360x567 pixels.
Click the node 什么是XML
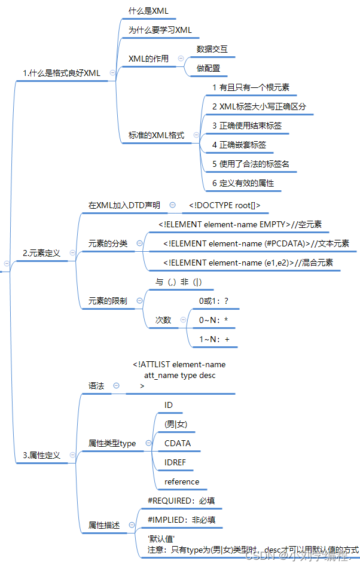pyautogui.click(x=148, y=11)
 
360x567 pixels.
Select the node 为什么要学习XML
pyautogui.click(x=160, y=30)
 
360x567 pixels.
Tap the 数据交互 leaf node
pyautogui.click(x=212, y=49)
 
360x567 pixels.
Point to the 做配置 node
pyautogui.click(x=208, y=68)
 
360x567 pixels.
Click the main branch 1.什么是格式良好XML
pyautogui.click(x=61, y=73)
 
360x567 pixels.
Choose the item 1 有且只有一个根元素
pyautogui.click(x=251, y=87)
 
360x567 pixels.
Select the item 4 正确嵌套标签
pyautogui.click(x=239, y=145)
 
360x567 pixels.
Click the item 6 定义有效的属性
pyautogui.click(x=243, y=183)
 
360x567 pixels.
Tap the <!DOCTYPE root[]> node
pyautogui.click(x=224, y=205)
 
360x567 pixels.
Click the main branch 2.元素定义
pyautogui.click(x=41, y=253)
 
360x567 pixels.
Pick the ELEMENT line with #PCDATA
pyautogui.click(x=256, y=243)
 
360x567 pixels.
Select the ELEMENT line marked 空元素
pyautogui.click(x=240, y=224)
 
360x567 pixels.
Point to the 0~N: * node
pyautogui.click(x=213, y=320)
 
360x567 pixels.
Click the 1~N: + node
pyautogui.click(x=214, y=339)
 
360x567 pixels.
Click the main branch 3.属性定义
pyautogui.click(x=41, y=455)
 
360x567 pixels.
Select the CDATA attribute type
pyautogui.click(x=178, y=443)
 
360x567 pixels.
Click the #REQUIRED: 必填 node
pyautogui.click(x=181, y=500)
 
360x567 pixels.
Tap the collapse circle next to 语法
pyautogui.click(x=116, y=386)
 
